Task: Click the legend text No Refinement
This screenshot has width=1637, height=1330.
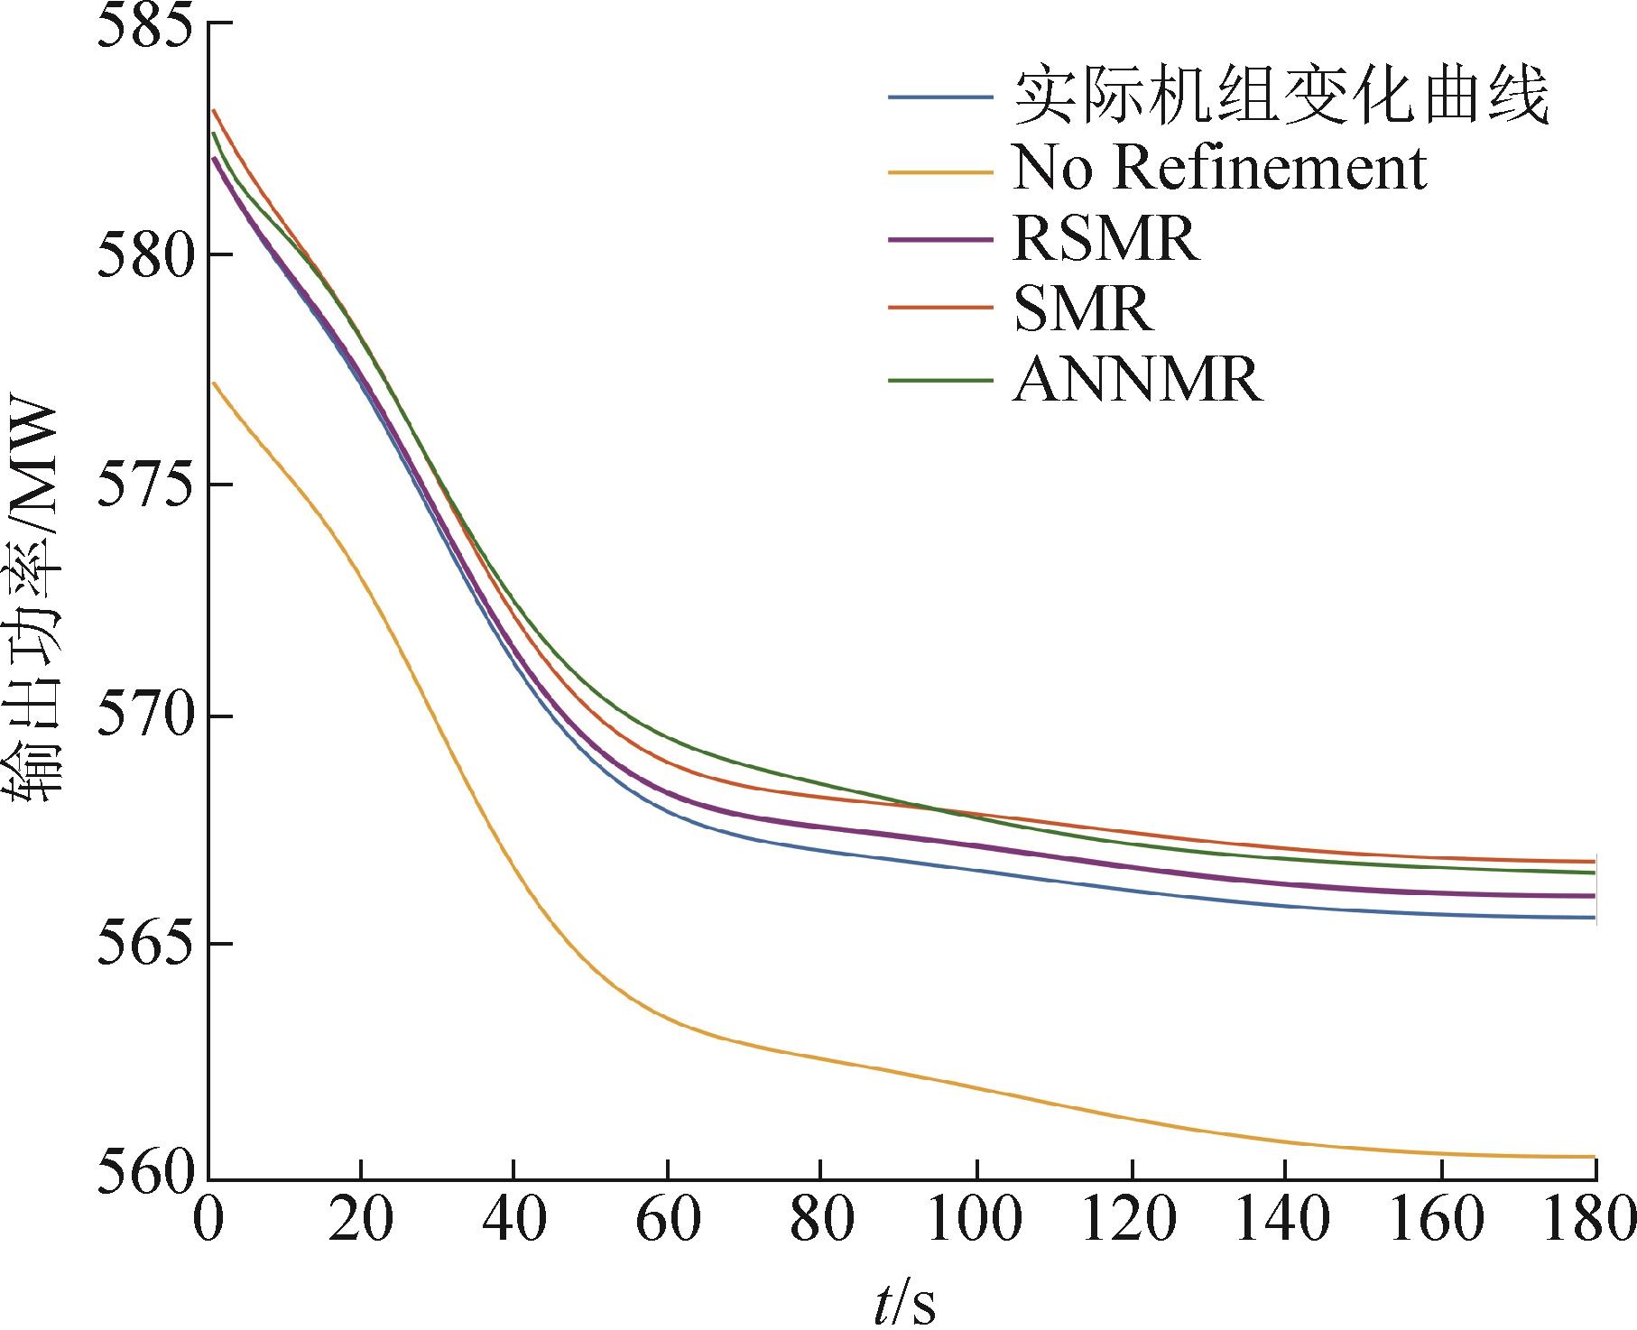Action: pos(1219,167)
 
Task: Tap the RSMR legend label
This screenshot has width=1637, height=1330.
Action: pos(1105,238)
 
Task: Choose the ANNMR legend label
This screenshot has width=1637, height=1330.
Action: pos(1137,380)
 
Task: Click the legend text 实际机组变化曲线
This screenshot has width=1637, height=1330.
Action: pos(1281,97)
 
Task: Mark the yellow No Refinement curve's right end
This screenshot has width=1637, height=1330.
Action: pos(1594,1157)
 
